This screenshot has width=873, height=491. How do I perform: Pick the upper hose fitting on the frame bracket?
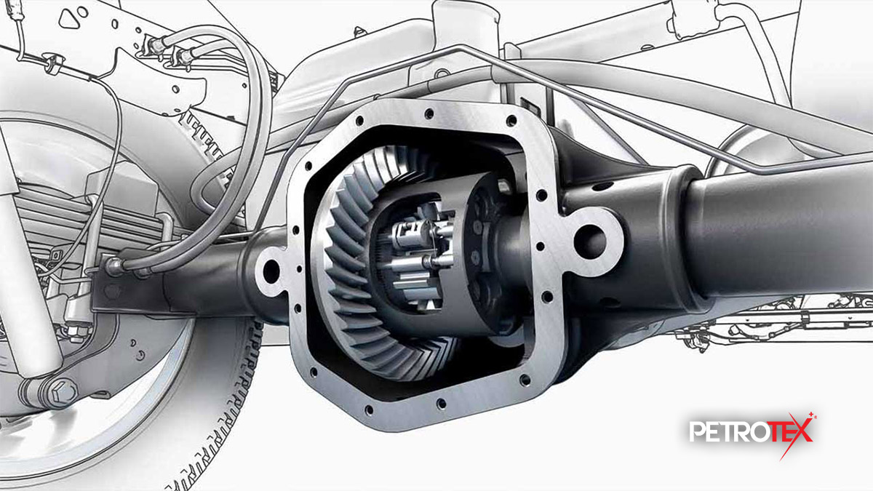tap(155, 45)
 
